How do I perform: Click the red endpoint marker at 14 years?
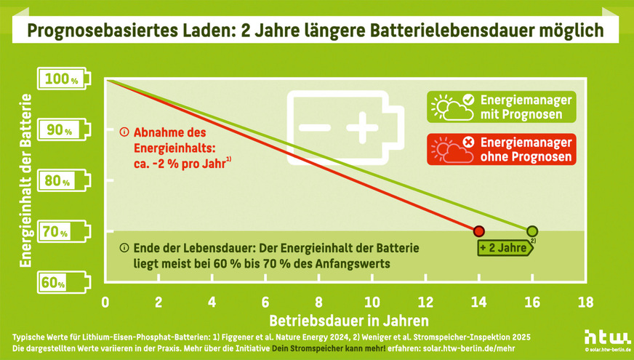[x=478, y=231]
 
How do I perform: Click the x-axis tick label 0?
[x=105, y=302]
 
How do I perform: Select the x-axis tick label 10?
[x=371, y=302]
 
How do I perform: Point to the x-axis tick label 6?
[x=265, y=302]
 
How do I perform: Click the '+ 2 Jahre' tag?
[x=505, y=248]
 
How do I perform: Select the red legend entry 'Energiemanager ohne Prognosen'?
[x=502, y=149]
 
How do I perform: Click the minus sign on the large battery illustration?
[x=314, y=127]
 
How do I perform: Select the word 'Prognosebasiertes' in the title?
[x=87, y=31]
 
